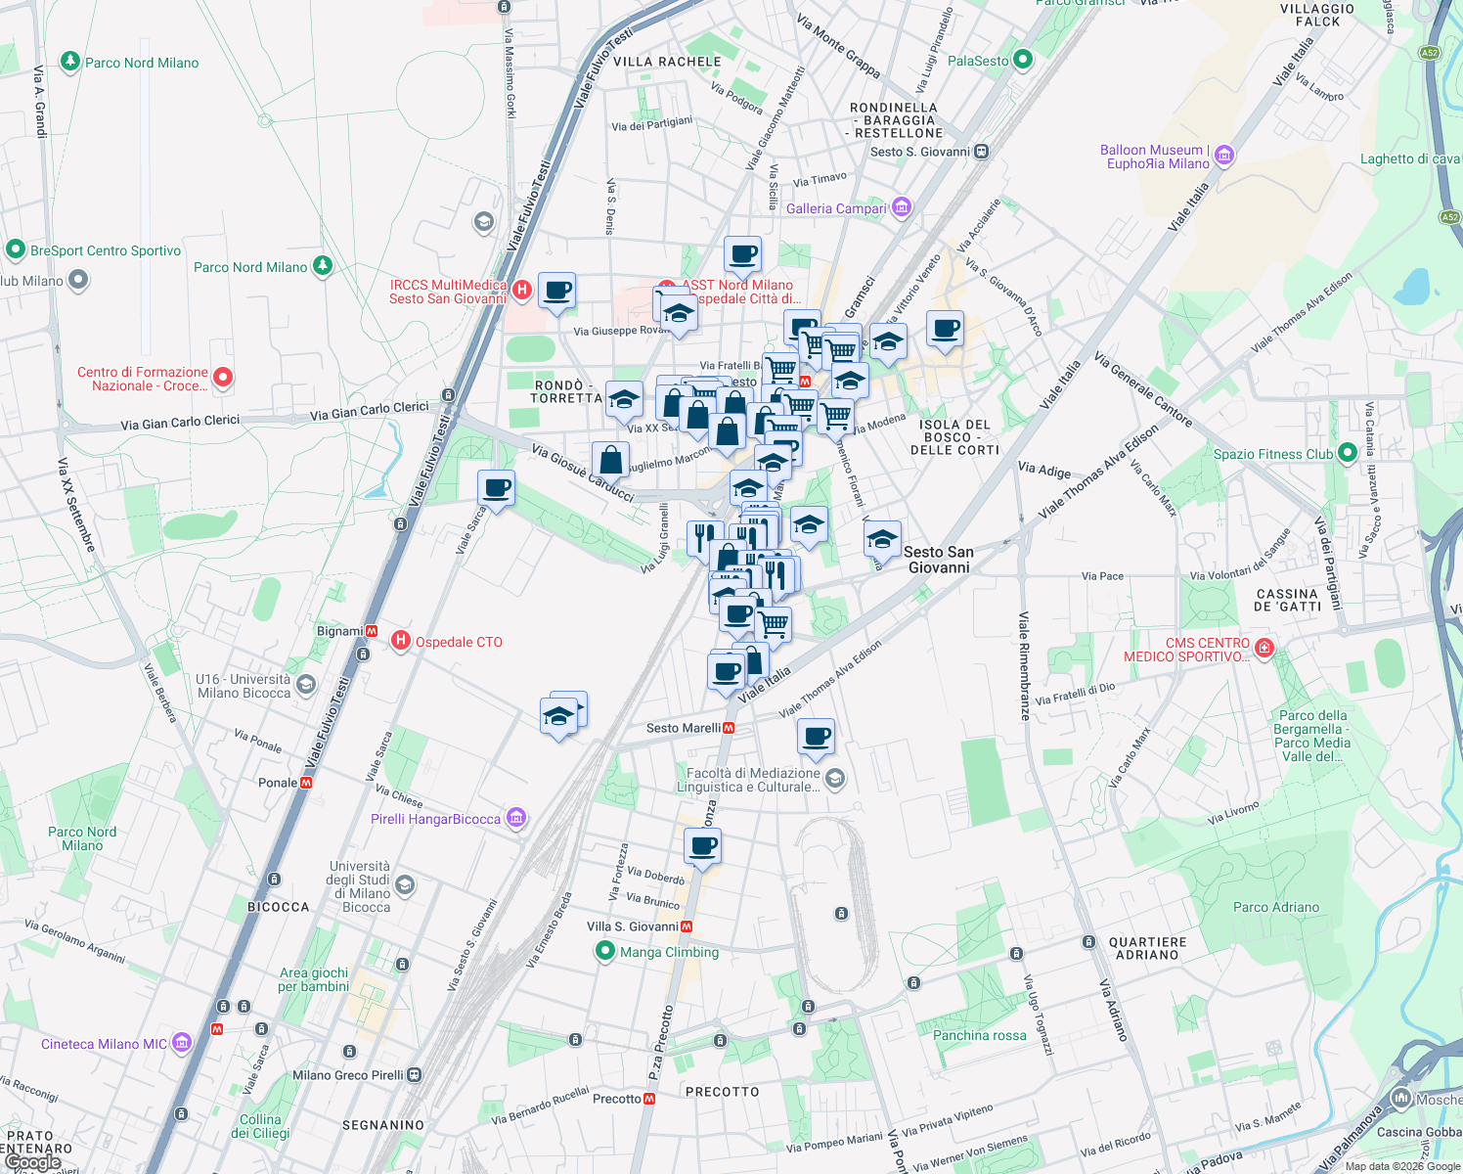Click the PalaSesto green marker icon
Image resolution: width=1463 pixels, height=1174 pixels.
click(x=1023, y=60)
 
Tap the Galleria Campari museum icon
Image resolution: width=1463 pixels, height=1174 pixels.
click(x=902, y=207)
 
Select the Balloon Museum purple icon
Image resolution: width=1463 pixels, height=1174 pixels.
click(x=1224, y=157)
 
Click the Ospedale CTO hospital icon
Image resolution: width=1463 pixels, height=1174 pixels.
click(x=400, y=642)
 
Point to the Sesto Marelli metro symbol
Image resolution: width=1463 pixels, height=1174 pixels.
click(x=729, y=728)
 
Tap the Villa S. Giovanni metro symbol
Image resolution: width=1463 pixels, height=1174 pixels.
click(x=687, y=926)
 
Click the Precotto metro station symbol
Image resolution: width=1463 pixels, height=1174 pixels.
click(x=649, y=1099)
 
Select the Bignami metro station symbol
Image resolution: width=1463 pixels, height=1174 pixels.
click(x=372, y=631)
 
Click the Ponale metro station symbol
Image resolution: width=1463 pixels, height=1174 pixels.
click(x=306, y=783)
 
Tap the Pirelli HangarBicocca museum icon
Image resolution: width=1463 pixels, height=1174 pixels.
click(x=516, y=818)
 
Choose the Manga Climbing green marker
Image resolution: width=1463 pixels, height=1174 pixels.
click(x=605, y=951)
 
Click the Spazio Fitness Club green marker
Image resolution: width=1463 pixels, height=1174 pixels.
click(x=1348, y=453)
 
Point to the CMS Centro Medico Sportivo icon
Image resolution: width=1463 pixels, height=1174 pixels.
click(x=1264, y=648)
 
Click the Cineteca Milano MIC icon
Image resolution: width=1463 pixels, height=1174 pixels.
click(x=182, y=1043)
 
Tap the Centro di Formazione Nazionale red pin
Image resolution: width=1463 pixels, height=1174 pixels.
click(x=223, y=378)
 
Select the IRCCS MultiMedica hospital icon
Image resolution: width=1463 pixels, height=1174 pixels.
click(x=522, y=290)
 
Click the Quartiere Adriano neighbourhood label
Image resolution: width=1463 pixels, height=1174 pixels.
click(x=1147, y=948)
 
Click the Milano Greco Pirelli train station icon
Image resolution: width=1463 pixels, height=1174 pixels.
click(x=415, y=1074)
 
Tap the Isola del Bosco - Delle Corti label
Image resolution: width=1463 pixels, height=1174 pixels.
click(x=954, y=437)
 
